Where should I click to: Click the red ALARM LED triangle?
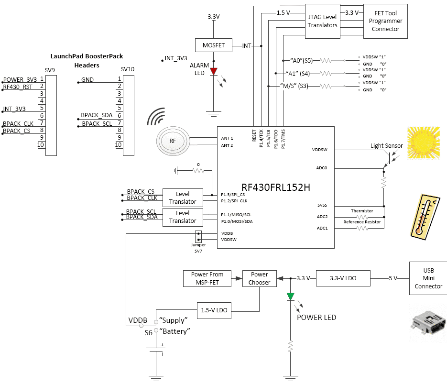click(214, 71)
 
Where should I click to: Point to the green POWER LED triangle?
click(291, 297)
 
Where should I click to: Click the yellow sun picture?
click(424, 143)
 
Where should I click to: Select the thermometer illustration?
click(425, 217)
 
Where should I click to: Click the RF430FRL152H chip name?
click(276, 187)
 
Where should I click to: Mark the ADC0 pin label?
click(322, 168)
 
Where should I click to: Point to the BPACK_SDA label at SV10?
click(97, 115)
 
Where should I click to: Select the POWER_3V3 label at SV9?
click(20, 79)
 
